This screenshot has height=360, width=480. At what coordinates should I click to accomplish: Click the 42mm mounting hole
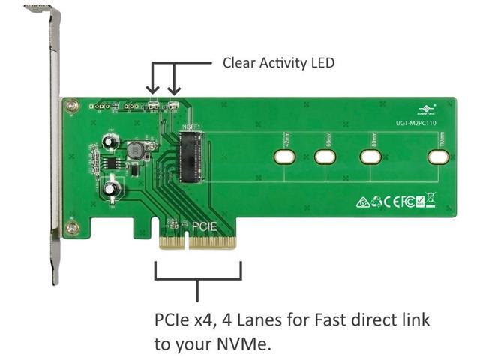click(284, 157)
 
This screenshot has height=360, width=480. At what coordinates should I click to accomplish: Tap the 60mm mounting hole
click(325, 157)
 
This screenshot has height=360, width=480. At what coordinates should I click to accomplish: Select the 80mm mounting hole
click(370, 157)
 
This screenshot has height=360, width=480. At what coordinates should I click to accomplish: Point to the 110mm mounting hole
click(438, 157)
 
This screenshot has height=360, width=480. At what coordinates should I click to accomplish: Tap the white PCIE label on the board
click(205, 225)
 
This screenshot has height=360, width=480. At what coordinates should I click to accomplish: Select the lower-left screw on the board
click(72, 227)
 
